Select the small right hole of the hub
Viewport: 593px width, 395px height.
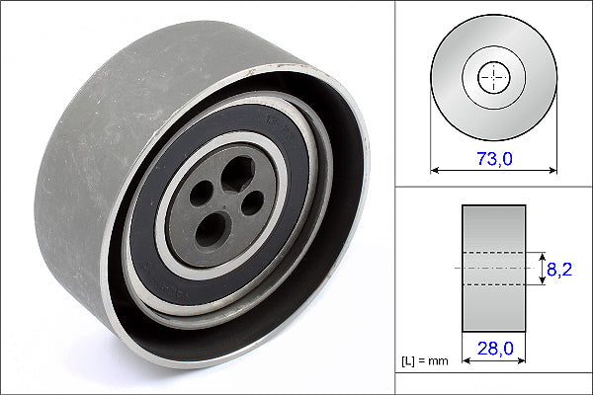click(252, 201)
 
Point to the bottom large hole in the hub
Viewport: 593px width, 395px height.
click(212, 231)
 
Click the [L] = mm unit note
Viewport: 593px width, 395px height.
click(426, 361)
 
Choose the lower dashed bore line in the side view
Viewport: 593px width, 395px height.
click(493, 284)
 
